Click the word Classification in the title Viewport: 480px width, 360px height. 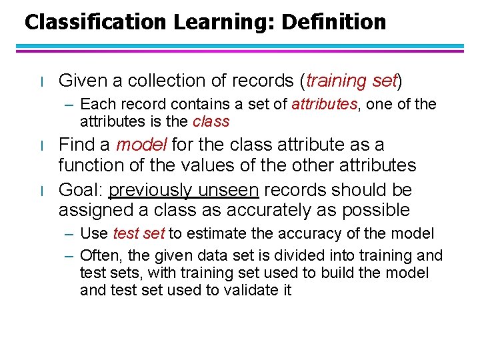pyautogui.click(x=95, y=23)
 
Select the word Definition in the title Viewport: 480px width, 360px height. pyautogui.click(x=334, y=23)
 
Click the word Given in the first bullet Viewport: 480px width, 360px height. pyautogui.click(x=80, y=81)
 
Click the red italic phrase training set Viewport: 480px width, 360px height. pyautogui.click(x=351, y=81)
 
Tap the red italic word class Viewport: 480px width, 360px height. pyautogui.click(x=211, y=121)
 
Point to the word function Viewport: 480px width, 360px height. pyautogui.click(x=87, y=165)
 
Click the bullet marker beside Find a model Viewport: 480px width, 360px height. pyautogui.click(x=41, y=146)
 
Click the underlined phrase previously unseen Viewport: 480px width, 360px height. pyautogui.click(x=183, y=190)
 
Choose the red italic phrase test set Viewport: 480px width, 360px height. pyautogui.click(x=139, y=233)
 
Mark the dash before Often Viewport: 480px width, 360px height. pyautogui.click(x=70, y=255)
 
